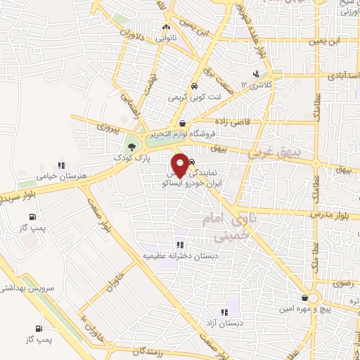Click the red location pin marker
pyautogui.click(x=181, y=164)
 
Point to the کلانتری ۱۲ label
pyautogui.click(x=254, y=84)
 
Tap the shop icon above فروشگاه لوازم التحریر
pyautogui.click(x=183, y=123)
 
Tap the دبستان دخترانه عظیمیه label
pyautogui.click(x=181, y=256)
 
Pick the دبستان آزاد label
pyautogui.click(x=224, y=323)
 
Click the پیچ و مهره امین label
pyautogui.click(x=306, y=309)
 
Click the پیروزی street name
pyautogui.click(x=109, y=129)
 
